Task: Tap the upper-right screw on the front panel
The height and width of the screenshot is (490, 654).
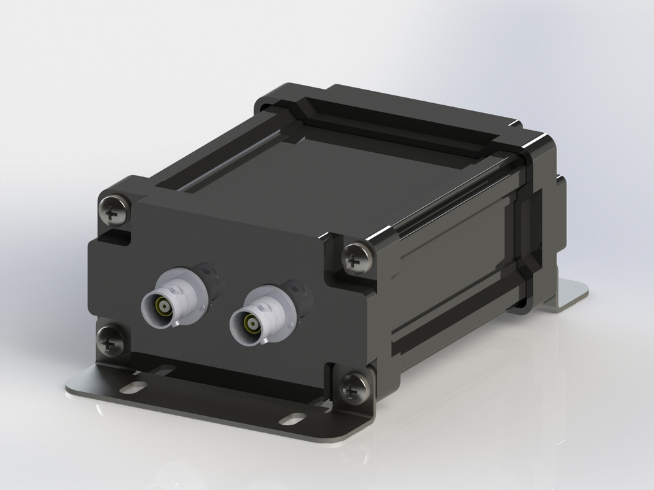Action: pyautogui.click(x=357, y=259)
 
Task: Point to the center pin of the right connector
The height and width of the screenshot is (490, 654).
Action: pyautogui.click(x=249, y=323)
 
